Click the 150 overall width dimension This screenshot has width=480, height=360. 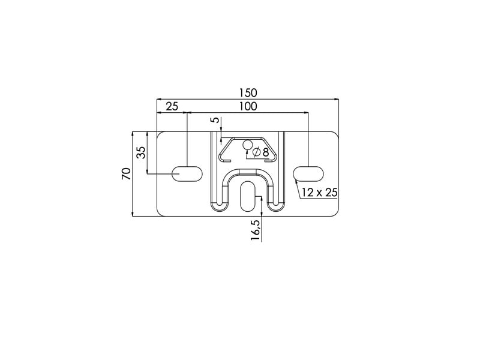(248, 92)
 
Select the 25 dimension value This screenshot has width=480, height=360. (172, 107)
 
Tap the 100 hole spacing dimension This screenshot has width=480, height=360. (248, 107)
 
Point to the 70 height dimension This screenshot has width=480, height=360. (127, 174)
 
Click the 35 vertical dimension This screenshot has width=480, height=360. (141, 152)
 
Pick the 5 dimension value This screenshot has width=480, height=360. (217, 119)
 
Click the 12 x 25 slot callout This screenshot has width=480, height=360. (319, 193)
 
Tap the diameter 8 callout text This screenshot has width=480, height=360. (261, 152)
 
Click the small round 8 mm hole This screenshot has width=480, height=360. (247, 145)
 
